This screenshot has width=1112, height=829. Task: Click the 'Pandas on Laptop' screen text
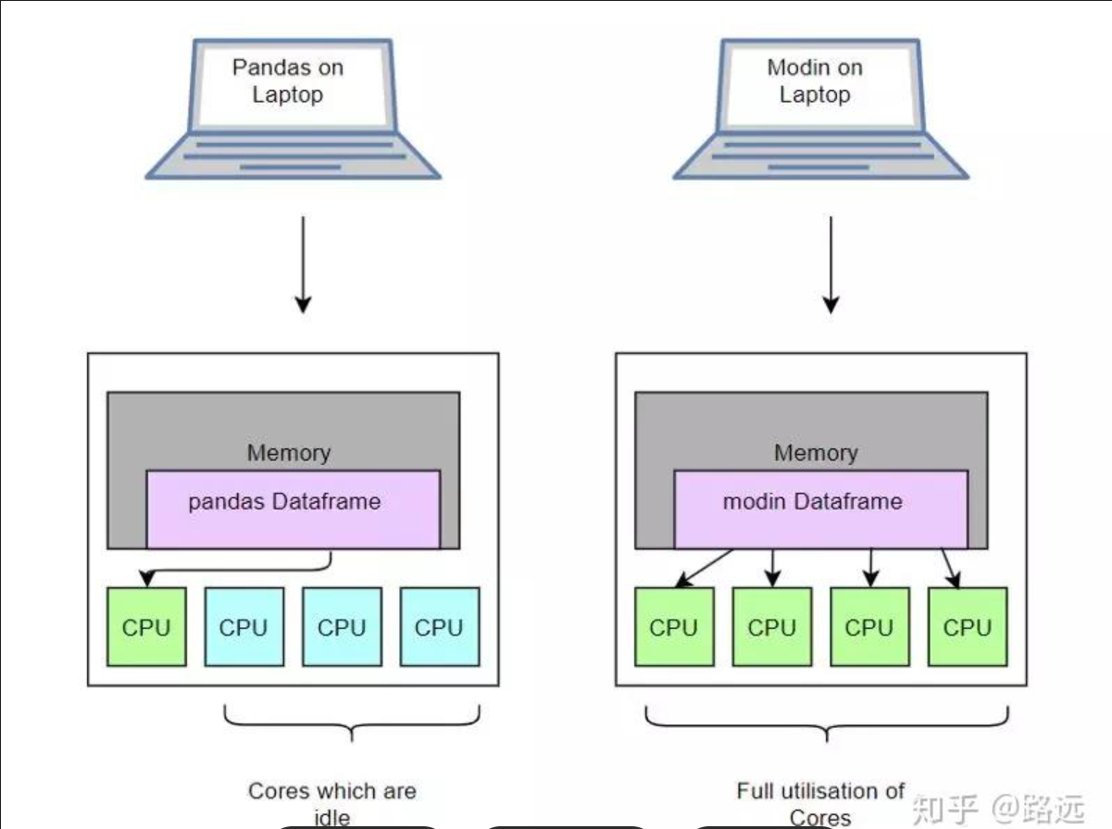pos(287,82)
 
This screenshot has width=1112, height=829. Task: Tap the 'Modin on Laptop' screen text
pos(815,82)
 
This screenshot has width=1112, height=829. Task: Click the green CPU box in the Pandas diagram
pos(146,627)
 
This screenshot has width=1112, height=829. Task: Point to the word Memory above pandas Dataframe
pos(288,453)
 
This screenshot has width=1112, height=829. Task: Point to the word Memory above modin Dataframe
pos(816,453)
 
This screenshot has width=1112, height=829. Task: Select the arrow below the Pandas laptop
pos(302,264)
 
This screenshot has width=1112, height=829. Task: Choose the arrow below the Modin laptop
pos(831,264)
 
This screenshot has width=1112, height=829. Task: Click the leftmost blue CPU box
pos(244,627)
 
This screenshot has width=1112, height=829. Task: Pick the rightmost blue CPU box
pos(440,627)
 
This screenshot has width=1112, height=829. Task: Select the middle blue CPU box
pos(342,627)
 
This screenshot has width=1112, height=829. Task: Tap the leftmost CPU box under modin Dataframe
pos(674,627)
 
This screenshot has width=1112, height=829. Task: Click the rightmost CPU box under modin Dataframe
pos(968,627)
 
